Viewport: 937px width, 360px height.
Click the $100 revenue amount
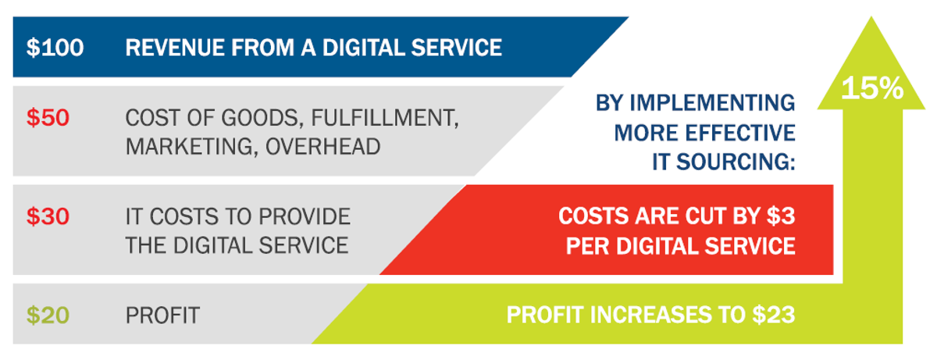pyautogui.click(x=55, y=48)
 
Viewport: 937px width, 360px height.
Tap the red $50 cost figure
pyautogui.click(x=48, y=117)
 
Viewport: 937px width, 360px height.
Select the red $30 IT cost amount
pyautogui.click(x=48, y=216)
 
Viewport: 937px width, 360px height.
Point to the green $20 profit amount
pyautogui.click(x=48, y=315)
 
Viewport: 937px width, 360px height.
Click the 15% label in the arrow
pyautogui.click(x=872, y=88)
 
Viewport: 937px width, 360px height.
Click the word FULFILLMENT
pyautogui.click(x=385, y=118)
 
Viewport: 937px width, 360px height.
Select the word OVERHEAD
pyautogui.click(x=323, y=147)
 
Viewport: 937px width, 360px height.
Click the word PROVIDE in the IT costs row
pyautogui.click(x=304, y=216)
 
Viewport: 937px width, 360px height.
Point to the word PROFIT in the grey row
pyautogui.click(x=162, y=315)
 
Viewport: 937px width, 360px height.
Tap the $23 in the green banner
pyautogui.click(x=774, y=315)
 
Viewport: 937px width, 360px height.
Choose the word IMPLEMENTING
pyautogui.click(x=712, y=103)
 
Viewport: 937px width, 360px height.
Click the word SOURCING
pyautogui.click(x=736, y=162)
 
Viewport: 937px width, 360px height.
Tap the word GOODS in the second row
pyautogui.click(x=260, y=118)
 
